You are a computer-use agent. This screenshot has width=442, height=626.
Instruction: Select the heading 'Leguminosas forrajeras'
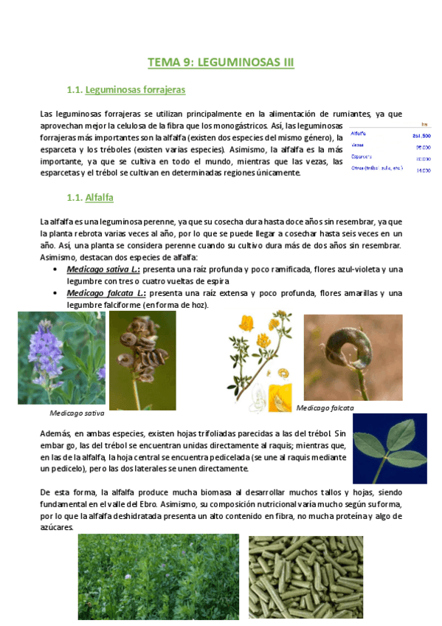[x=135, y=90]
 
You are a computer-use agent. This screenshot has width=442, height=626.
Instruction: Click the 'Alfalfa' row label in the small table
[x=359, y=134]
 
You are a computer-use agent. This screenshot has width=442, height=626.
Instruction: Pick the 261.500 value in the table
[x=421, y=136]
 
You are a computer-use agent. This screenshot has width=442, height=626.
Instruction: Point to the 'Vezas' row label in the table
[x=358, y=145]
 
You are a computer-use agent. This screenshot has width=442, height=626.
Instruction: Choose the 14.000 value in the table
[x=423, y=171]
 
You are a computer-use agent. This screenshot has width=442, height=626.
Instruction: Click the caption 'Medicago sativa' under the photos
[x=77, y=413]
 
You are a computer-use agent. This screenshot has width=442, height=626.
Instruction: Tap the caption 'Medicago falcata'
[x=325, y=407]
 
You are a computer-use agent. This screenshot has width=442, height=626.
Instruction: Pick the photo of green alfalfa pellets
[x=305, y=577]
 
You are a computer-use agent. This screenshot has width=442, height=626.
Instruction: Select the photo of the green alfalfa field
[x=158, y=577]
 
